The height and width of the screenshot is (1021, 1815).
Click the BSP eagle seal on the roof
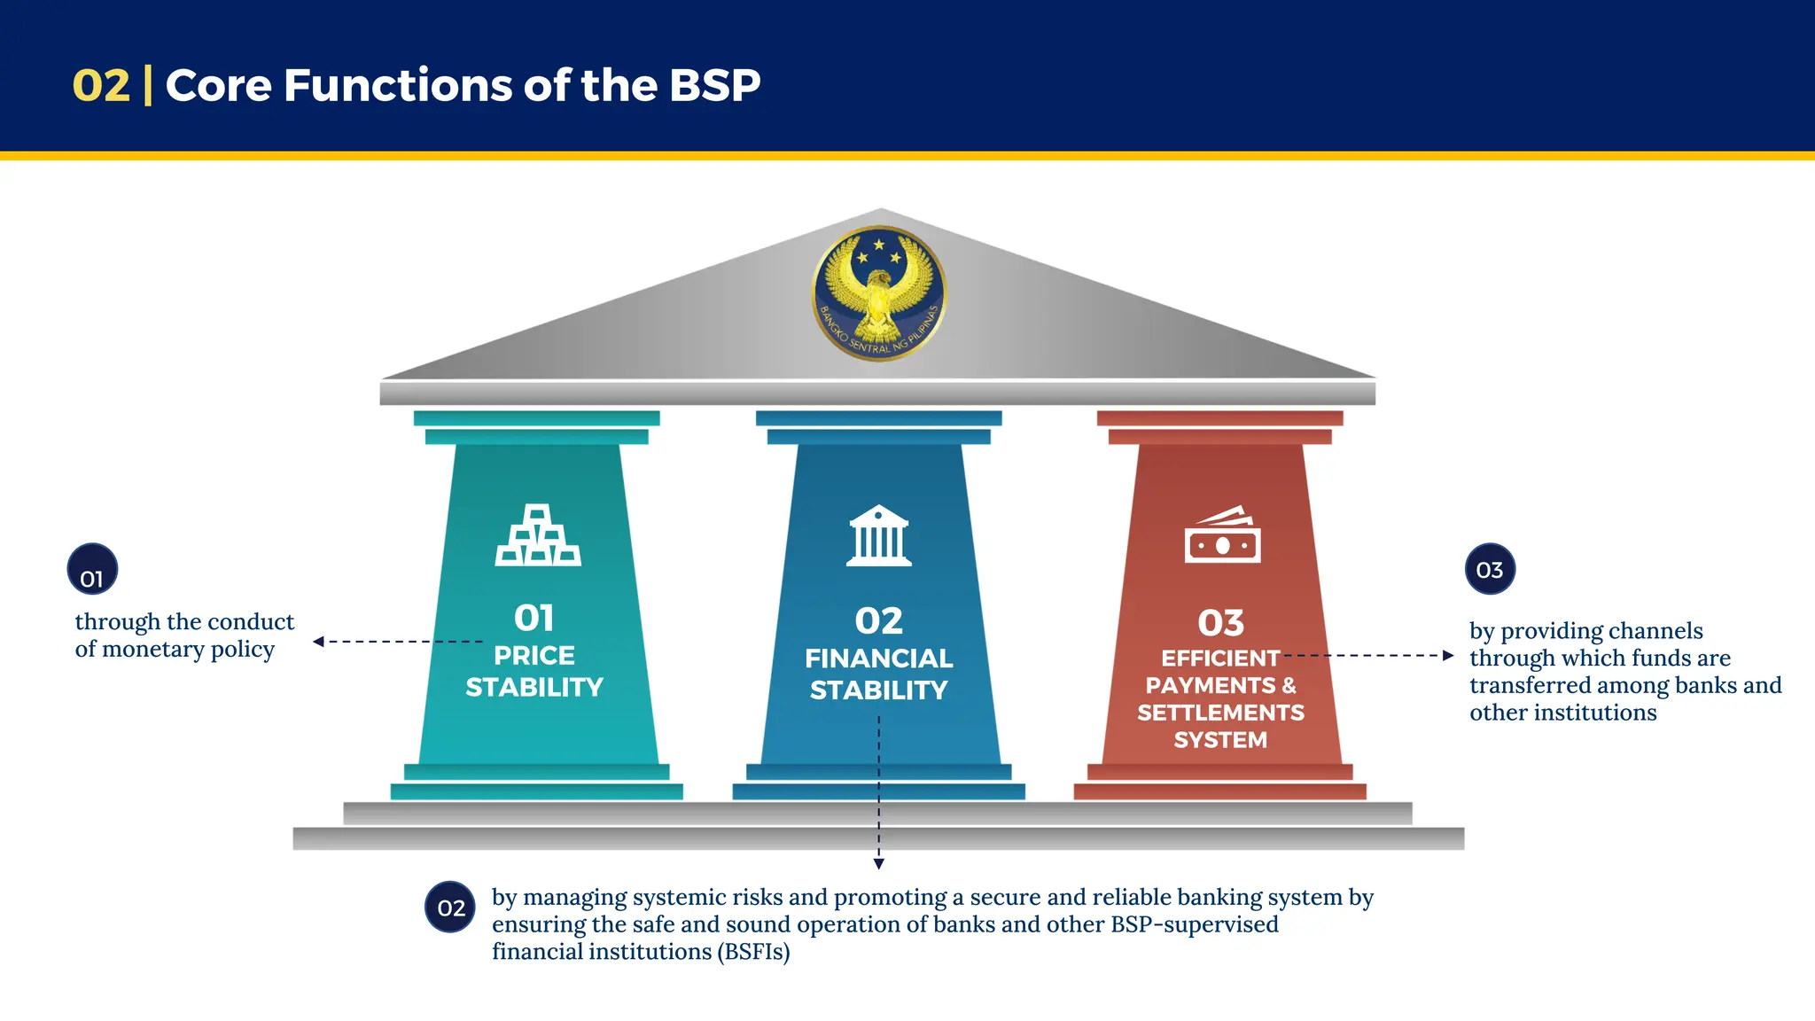879,293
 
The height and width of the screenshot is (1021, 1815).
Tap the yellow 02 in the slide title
101,86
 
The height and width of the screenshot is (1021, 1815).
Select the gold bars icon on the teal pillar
537,535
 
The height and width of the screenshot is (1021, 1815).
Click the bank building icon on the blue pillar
878,536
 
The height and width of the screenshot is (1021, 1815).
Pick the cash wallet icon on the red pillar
1222,535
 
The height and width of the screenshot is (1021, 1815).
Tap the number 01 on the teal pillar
534,618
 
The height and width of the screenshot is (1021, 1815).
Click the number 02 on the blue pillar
878,620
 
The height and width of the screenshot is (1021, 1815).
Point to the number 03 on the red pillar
1220,623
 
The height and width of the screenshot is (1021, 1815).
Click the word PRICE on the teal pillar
534,656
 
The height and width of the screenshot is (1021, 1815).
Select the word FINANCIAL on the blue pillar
878,659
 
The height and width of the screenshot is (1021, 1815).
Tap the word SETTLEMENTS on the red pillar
1220,713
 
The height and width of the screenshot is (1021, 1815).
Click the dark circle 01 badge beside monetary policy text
92,570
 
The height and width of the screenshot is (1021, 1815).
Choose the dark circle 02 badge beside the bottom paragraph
450,908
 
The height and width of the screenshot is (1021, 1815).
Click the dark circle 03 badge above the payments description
1490,570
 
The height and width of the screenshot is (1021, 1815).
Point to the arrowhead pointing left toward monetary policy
318,642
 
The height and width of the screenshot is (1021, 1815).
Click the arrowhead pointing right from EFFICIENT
1448,656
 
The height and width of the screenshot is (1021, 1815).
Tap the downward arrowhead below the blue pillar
878,863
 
